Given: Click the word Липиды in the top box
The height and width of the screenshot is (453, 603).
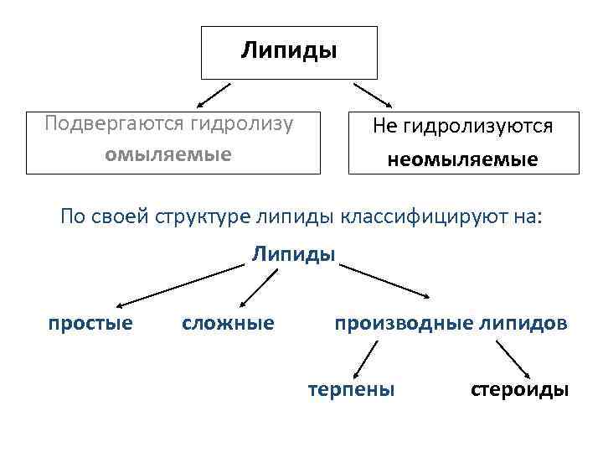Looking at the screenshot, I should [289, 51].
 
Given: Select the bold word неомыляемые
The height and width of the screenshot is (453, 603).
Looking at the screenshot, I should [462, 159].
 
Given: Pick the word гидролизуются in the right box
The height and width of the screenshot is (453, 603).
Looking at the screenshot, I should [477, 127].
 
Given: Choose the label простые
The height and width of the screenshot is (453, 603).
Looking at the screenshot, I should [90, 323].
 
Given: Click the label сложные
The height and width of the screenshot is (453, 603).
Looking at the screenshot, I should [228, 323].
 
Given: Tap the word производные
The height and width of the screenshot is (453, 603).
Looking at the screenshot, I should [399, 323].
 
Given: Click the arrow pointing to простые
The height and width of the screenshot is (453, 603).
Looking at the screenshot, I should [179, 286].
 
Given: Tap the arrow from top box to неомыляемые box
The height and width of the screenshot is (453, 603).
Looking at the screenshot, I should [373, 94].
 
